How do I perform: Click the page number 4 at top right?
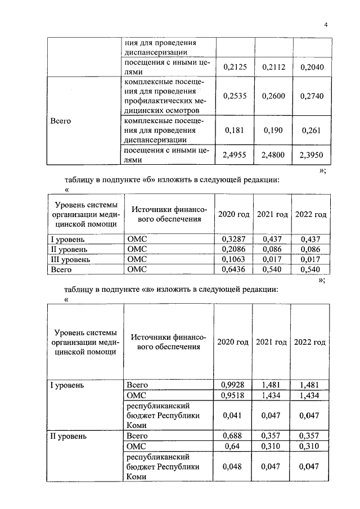[x=326, y=24]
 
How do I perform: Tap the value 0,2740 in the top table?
[x=312, y=96]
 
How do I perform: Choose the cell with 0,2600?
[x=273, y=96]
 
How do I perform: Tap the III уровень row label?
[x=70, y=259]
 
